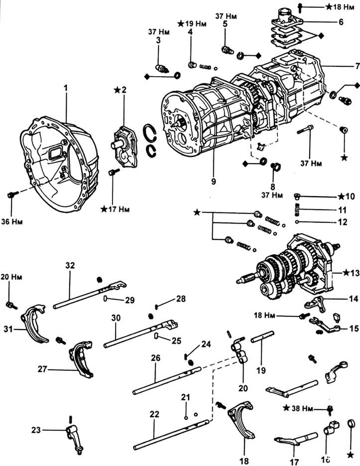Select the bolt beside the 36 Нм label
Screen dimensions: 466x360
(12, 196)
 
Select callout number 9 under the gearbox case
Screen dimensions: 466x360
(213, 182)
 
